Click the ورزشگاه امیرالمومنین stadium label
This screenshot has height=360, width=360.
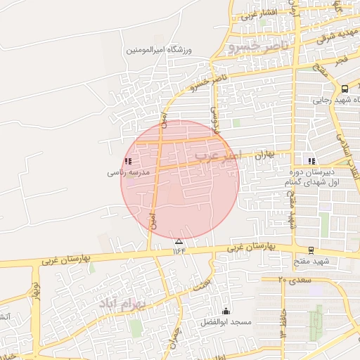(159, 49)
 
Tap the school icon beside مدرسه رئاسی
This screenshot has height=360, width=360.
(127, 161)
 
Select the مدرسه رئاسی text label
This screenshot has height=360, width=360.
(124, 172)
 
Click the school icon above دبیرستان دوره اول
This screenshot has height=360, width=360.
(311, 160)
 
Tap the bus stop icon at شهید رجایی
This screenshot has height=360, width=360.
(344, 89)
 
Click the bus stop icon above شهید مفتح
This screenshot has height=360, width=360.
(311, 250)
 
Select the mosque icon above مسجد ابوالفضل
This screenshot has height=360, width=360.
(226, 311)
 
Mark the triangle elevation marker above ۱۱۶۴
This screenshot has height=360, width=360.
(178, 241)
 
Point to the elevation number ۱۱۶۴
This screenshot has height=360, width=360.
(178, 250)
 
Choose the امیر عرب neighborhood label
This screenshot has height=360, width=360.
(218, 154)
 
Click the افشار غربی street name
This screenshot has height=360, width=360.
(259, 14)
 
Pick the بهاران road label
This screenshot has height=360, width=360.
(264, 154)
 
